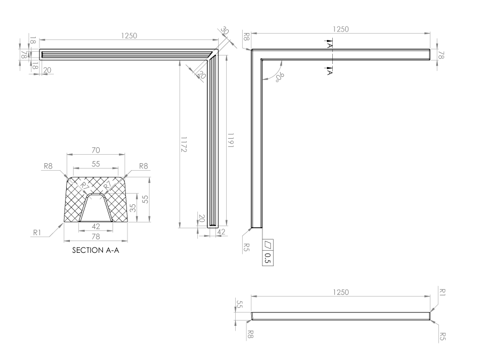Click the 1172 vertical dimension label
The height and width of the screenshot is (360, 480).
point(184,144)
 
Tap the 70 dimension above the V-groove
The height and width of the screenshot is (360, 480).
point(96,150)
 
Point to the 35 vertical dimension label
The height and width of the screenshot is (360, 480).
point(132,208)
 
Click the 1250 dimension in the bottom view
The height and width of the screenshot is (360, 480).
point(340,292)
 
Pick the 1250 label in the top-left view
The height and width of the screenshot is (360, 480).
point(129,36)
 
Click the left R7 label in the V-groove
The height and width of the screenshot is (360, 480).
point(84,186)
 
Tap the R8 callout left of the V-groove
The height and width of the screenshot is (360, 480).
point(48,166)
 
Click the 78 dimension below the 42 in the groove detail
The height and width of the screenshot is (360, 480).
point(95,237)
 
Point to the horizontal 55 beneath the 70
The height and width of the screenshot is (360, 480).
point(95,164)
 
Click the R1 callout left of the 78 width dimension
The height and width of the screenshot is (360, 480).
point(37,232)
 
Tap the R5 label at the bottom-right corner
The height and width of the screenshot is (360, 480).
point(442,336)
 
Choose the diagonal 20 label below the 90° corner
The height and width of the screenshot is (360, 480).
point(202,75)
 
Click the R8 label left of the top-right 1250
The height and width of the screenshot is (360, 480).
point(246,37)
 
